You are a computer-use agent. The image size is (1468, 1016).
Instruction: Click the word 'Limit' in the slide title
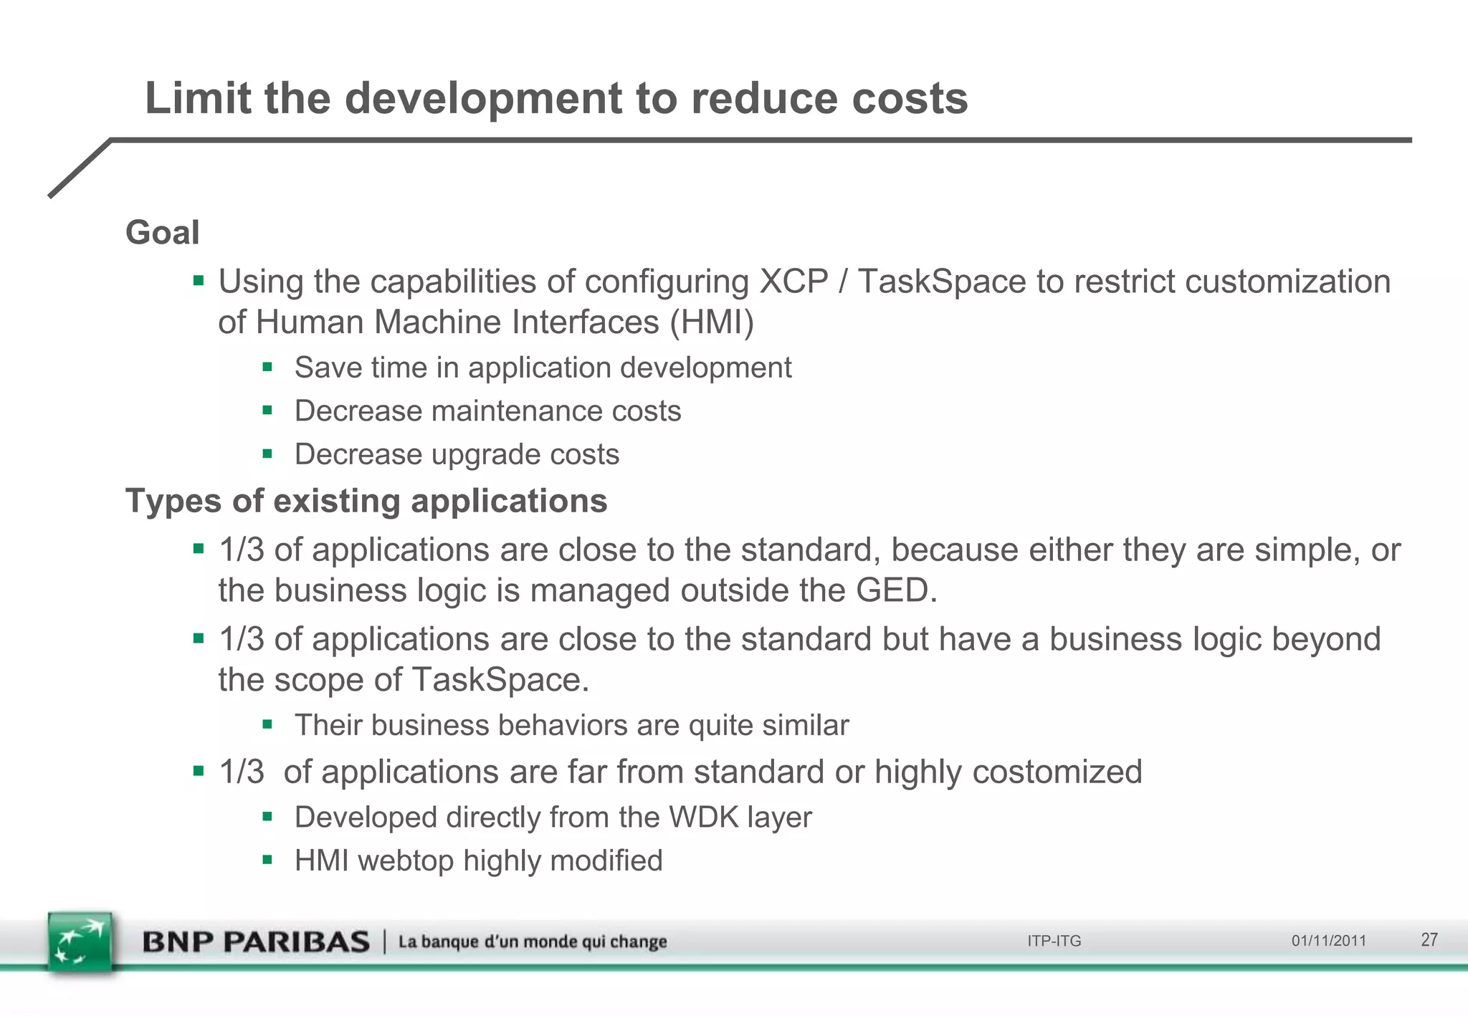coord(198,98)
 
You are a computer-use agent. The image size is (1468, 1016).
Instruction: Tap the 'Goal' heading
coord(163,233)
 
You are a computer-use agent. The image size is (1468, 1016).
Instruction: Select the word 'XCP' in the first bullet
coord(793,282)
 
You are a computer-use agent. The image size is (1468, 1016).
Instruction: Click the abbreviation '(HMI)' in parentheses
coord(712,322)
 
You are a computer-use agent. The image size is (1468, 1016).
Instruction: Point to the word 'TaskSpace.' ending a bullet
coord(500,680)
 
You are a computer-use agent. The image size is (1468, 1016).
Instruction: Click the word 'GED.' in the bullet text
coord(897,591)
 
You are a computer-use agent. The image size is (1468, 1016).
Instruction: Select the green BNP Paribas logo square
coord(80,941)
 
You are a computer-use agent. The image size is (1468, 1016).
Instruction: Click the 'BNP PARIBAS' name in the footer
coord(256,941)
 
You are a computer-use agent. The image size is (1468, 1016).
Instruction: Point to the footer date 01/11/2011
coord(1328,941)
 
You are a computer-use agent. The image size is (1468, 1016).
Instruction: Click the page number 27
coord(1429,940)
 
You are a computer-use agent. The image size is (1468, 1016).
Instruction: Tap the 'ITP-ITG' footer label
coord(1054,941)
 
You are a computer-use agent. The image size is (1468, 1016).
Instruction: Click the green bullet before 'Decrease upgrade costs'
coord(267,454)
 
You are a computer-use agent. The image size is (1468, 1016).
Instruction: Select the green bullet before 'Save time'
coord(267,368)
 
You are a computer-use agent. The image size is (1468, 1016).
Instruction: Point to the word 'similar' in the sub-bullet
coord(806,726)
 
